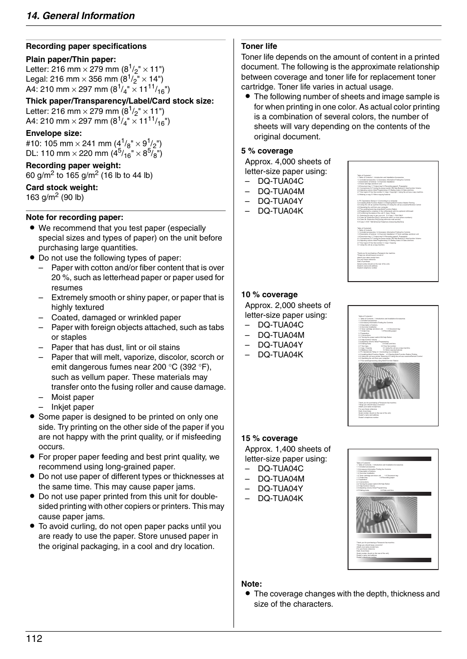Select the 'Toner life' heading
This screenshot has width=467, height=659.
pos(259,46)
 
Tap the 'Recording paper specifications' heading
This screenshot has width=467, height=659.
pos(86,46)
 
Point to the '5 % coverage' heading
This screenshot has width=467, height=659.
pos(267,151)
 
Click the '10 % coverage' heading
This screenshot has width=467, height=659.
pos(269,295)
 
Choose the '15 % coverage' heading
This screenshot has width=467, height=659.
pos(269,439)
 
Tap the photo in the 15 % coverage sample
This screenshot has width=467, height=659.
pos(387,515)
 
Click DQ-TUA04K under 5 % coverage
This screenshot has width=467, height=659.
pos(280,211)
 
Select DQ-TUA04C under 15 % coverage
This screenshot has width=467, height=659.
pos(280,468)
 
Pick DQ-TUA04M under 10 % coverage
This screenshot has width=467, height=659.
pos(281,335)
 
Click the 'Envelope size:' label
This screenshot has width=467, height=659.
pos(54,133)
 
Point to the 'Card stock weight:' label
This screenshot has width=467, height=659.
pos(62,187)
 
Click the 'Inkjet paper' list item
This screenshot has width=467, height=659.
pos(72,407)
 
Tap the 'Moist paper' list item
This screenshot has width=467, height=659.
pos(72,397)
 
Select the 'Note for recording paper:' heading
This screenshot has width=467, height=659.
pos(74,218)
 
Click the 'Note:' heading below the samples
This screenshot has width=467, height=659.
pos(252,584)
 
